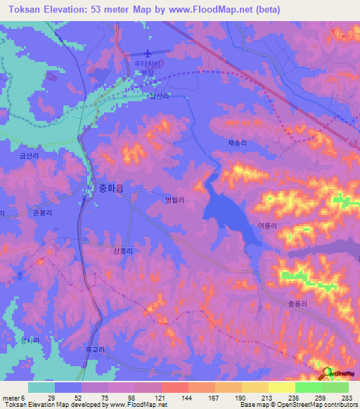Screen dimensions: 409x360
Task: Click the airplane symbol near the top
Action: point(148,53)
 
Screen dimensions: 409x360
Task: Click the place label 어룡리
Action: point(267,226)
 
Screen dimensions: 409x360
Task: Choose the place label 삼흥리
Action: point(123,249)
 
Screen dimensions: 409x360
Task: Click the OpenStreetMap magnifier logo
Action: point(326,372)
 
